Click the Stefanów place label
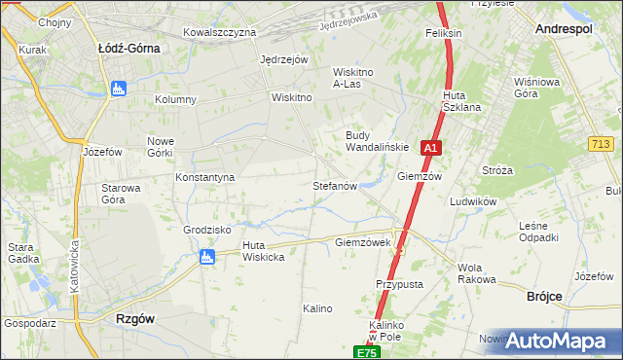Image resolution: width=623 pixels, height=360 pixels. coord(336,185)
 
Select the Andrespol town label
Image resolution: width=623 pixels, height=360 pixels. coord(564,30)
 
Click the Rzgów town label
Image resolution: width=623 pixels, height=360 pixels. coord(135,318)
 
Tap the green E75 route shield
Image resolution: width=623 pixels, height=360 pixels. coord(365,352)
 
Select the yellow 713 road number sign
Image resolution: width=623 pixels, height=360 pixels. coord(601,144)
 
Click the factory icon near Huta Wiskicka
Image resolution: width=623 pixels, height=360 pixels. coord(205,257)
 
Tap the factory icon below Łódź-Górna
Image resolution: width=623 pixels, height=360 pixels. coord(119,90)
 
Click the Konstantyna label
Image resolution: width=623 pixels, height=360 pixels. coord(205,178)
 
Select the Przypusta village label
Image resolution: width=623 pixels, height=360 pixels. coord(399,284)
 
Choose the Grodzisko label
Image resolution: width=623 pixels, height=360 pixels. coord(205,231)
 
